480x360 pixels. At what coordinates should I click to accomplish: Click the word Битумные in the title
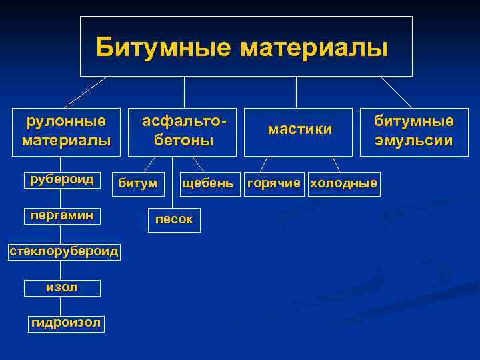[163, 48]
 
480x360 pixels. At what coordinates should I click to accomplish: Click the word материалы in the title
[313, 48]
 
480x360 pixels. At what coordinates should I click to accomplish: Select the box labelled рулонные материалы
[66, 131]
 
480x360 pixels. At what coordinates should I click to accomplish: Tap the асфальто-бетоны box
[184, 131]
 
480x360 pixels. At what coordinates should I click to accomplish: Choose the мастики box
[300, 130]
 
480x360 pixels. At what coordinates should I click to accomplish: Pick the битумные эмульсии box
[413, 131]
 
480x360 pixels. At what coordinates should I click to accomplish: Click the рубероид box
[61, 179]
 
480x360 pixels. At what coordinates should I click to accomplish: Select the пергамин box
[61, 215]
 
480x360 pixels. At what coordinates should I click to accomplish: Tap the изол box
[62, 287]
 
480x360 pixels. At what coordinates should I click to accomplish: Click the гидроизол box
[66, 323]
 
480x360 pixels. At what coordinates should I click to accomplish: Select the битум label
[137, 183]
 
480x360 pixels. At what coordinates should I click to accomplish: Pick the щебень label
[207, 183]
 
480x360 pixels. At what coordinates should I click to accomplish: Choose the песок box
[173, 219]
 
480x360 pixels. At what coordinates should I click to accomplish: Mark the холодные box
[343, 183]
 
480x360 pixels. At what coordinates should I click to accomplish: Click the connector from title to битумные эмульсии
[395, 92]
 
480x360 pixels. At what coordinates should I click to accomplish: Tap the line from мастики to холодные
[336, 165]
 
